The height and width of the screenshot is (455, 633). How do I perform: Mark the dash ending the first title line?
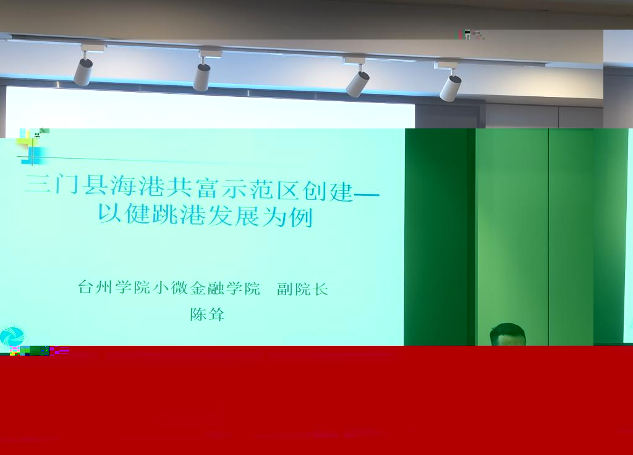pos(367,195)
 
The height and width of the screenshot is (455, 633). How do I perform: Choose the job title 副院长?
pos(302,289)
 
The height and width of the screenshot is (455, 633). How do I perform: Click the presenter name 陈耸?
pos(207,314)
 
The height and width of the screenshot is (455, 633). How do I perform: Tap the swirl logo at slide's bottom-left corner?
pos(11,336)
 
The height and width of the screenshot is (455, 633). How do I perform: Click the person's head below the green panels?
pos(508,335)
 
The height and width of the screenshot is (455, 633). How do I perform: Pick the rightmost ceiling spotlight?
pos(450,82)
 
